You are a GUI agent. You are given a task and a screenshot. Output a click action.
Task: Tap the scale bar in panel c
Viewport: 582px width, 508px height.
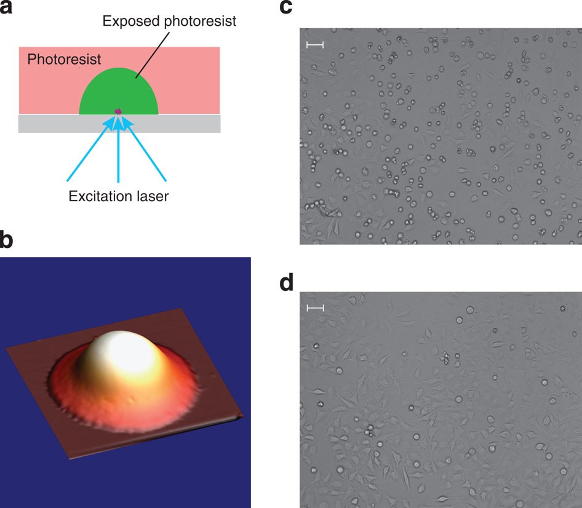(x=314, y=45)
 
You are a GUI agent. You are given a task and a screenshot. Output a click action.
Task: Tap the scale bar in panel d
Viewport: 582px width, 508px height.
(x=314, y=308)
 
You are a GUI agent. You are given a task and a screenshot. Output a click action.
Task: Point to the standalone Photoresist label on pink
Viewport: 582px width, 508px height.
(x=64, y=60)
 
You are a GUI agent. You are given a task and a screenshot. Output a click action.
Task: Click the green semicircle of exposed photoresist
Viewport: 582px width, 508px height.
(x=119, y=89)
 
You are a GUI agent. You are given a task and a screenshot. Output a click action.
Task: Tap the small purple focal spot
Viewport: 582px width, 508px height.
(x=119, y=111)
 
